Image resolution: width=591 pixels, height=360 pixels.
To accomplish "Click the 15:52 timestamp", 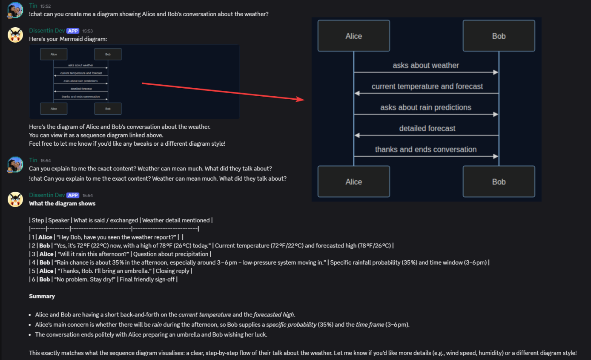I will click(x=46, y=6).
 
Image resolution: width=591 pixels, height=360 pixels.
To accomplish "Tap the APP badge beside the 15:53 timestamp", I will click(x=73, y=31).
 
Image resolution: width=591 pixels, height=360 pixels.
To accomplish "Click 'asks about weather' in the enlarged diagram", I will click(x=426, y=66).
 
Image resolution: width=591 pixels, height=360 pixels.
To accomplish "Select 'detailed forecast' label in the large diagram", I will click(x=427, y=128).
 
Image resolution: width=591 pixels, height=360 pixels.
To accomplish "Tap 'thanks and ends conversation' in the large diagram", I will click(x=426, y=150).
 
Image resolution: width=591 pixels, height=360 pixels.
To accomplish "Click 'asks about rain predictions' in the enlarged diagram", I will click(x=426, y=107).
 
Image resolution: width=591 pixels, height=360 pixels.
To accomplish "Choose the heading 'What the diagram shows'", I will click(x=62, y=204).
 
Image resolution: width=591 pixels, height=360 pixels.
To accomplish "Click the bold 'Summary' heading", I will click(x=42, y=296).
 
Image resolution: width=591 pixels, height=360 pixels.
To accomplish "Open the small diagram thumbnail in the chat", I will click(x=134, y=81).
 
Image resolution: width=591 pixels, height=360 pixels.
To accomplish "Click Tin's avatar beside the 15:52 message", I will click(x=15, y=10).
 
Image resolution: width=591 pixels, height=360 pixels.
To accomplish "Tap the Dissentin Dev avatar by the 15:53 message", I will click(x=15, y=35).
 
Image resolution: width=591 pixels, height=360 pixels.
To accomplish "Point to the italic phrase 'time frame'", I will click(x=370, y=325).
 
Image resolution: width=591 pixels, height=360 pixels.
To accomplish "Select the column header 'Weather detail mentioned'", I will click(x=176, y=220).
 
